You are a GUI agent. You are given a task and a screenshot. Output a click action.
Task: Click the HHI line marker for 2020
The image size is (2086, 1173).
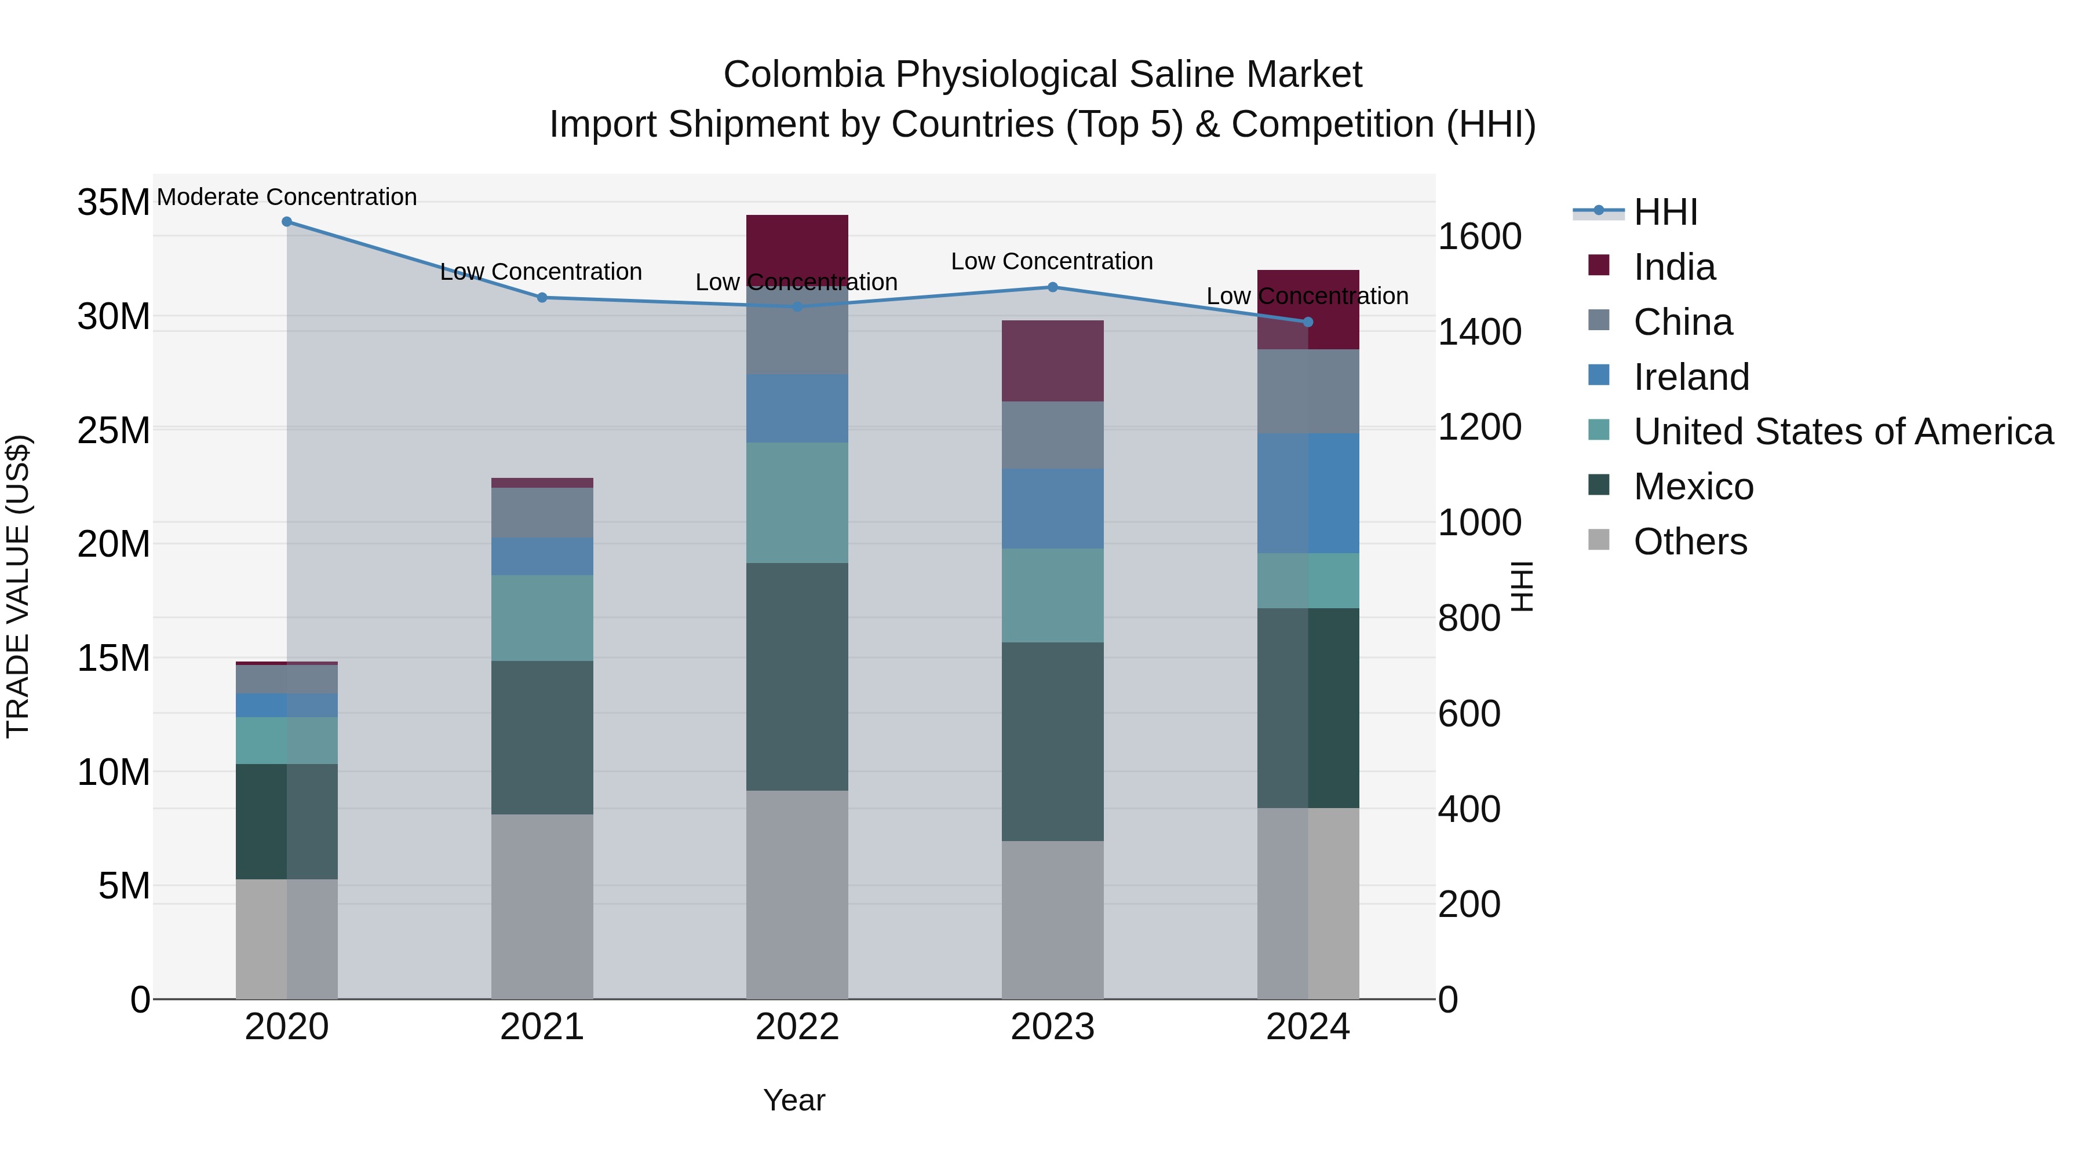pos(287,222)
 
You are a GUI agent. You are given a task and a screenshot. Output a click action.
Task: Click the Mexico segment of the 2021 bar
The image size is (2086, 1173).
pos(542,737)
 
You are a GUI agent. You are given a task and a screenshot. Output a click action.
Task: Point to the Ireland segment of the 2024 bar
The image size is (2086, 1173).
pos(1308,493)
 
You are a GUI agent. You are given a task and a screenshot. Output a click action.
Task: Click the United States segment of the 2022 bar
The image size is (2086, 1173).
pos(797,503)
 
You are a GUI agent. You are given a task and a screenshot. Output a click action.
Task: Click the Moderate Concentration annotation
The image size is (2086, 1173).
pos(287,198)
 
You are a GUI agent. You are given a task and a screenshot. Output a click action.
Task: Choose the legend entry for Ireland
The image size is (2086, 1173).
pos(1691,377)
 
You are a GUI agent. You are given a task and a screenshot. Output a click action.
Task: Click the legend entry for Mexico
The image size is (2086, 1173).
pos(1693,487)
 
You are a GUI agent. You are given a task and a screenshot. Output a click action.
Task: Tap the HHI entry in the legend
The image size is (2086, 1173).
pos(1665,212)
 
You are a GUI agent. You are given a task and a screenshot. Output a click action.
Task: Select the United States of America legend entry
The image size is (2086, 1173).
pos(1842,432)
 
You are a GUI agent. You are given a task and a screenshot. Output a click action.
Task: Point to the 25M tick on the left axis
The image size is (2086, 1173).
pos(114,430)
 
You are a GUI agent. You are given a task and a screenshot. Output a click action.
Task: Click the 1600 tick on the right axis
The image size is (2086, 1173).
pos(1479,237)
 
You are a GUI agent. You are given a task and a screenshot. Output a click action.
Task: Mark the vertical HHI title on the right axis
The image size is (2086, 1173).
pos(1522,586)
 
